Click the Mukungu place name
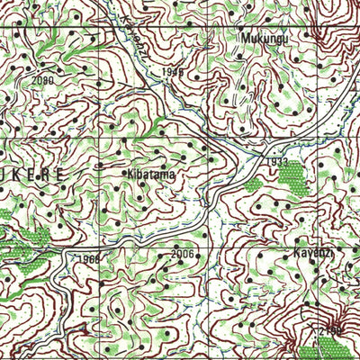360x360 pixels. coord(263,39)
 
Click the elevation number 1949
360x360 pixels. coord(174,71)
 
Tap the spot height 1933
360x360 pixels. coord(277,162)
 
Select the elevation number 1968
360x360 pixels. coord(88,259)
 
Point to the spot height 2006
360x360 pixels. coord(182,255)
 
